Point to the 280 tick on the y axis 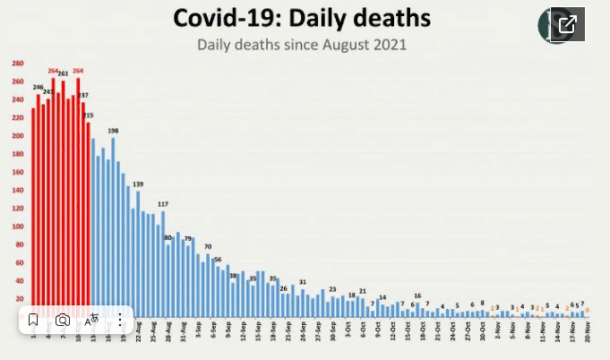tap(18, 64)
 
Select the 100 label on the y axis tap(18, 227)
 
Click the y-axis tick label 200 tap(18, 136)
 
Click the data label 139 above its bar tap(137, 184)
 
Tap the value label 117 tap(163, 204)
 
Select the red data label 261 tap(63, 73)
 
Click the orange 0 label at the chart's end tap(587, 309)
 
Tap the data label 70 tap(208, 246)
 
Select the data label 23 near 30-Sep tap(332, 289)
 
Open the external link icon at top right tap(566, 24)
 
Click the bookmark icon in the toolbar tap(32, 320)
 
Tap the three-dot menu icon tap(120, 320)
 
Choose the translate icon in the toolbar tap(91, 320)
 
